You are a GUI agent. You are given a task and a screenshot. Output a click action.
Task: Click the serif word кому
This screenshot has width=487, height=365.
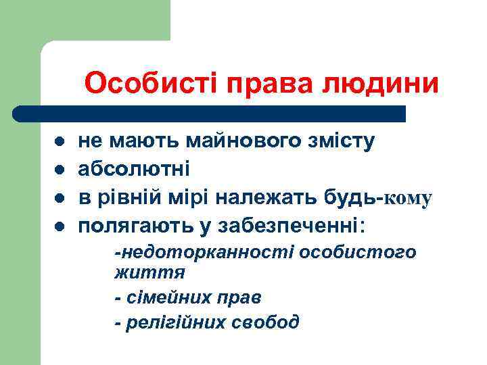point(407,199)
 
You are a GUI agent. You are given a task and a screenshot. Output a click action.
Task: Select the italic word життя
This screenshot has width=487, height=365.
point(149,273)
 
